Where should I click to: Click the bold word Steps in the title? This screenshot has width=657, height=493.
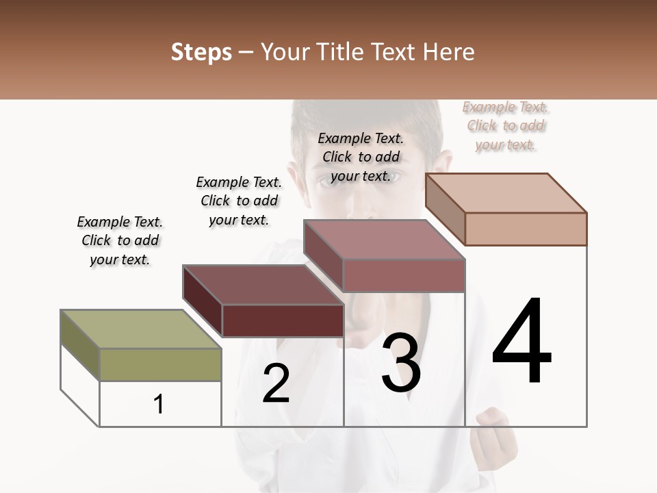tap(201, 52)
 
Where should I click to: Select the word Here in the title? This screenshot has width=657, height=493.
tap(449, 52)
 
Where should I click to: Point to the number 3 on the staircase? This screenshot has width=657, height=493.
tap(401, 363)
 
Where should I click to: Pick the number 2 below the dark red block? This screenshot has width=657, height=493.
tap(276, 383)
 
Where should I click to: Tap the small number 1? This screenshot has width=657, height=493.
tap(159, 404)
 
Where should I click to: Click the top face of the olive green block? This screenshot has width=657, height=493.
tap(141, 329)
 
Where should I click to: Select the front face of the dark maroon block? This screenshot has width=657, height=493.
tap(283, 320)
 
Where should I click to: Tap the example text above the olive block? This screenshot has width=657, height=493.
tap(120, 240)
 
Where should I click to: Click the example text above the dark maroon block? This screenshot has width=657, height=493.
tap(239, 201)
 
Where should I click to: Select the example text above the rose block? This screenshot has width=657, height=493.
tap(361, 157)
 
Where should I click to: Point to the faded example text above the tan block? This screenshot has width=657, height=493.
tap(506, 125)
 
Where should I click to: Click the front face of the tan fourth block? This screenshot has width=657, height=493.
tap(526, 229)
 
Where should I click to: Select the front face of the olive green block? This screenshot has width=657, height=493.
tap(160, 364)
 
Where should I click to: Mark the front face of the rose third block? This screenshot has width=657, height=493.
tap(404, 275)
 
